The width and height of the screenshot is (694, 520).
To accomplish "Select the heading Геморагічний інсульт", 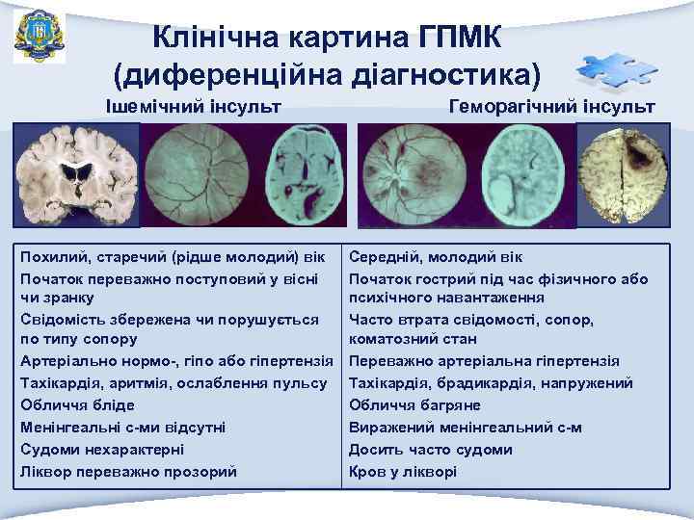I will (552, 105).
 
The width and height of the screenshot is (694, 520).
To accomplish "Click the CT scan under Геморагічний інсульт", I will (526, 174).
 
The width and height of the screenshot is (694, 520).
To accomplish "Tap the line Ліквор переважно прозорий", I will (128, 472).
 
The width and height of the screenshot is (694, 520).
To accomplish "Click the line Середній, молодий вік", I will (436, 258).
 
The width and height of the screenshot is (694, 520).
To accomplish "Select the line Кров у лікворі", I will (403, 472).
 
